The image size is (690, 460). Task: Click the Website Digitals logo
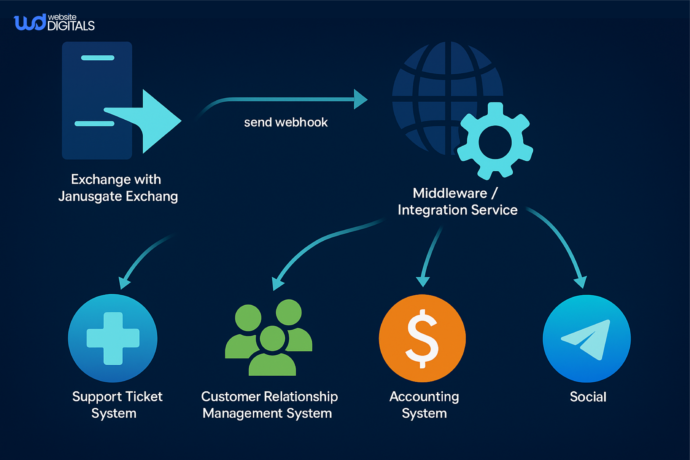(x=54, y=22)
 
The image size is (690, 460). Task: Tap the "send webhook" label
(x=286, y=122)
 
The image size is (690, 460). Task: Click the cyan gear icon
(x=495, y=142)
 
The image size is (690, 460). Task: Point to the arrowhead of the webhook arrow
(x=360, y=99)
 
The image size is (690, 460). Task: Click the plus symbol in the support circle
(x=113, y=338)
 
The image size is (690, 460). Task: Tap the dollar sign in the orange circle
(x=422, y=338)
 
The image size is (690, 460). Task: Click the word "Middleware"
(x=450, y=193)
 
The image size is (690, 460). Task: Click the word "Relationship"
(x=301, y=397)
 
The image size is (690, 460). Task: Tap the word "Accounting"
(x=424, y=397)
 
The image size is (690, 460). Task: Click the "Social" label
(x=588, y=397)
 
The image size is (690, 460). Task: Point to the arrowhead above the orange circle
(x=423, y=281)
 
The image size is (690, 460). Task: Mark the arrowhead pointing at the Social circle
(x=581, y=282)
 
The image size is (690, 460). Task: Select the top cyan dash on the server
(x=97, y=58)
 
